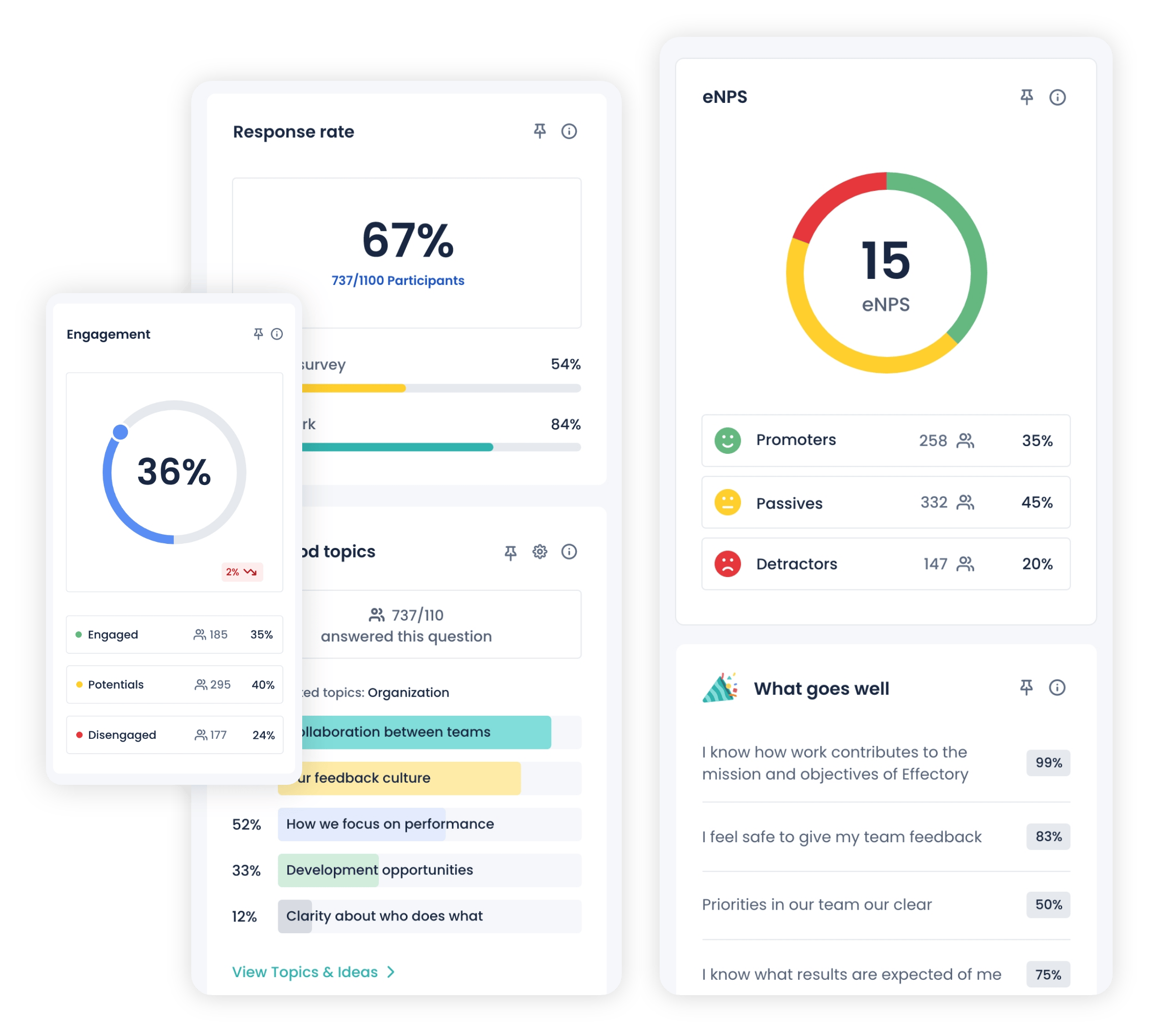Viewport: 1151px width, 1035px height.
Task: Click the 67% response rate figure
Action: [408, 240]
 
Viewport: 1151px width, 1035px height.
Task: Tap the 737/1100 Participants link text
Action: [398, 280]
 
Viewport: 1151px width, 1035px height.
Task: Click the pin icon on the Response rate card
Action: [539, 131]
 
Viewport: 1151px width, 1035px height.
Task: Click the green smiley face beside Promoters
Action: [727, 440]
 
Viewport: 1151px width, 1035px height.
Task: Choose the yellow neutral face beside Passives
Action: [727, 502]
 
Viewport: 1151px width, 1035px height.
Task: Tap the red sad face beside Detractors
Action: [727, 564]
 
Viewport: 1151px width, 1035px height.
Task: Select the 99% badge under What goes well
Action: [1048, 763]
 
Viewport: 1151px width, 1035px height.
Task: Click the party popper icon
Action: [719, 688]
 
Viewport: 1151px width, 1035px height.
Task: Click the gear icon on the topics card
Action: [539, 552]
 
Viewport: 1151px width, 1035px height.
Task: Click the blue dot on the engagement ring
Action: [121, 432]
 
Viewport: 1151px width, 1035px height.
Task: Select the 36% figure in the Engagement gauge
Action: [174, 472]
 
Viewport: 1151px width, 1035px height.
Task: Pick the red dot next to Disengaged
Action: [80, 735]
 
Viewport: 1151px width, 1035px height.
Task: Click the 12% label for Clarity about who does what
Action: [244, 916]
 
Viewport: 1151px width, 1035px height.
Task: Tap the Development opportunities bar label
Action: [379, 870]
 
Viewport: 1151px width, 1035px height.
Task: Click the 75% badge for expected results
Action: [1048, 974]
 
